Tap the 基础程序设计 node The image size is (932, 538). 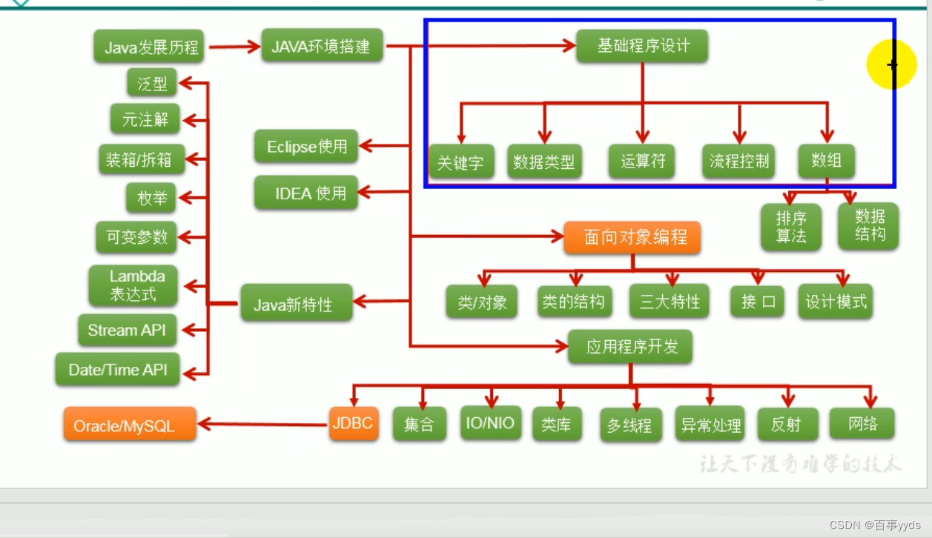tap(642, 46)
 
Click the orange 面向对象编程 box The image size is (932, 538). tap(632, 237)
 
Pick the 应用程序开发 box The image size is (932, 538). tap(631, 346)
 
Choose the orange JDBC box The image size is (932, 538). tap(353, 424)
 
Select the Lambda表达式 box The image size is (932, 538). tap(133, 285)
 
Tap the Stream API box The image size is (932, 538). tap(127, 331)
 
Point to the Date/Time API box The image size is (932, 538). tap(118, 369)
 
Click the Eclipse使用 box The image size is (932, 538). tap(305, 146)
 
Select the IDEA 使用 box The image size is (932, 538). tap(305, 193)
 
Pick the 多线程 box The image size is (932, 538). tap(629, 425)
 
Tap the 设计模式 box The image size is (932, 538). tap(836, 302)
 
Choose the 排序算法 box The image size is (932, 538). tap(791, 228)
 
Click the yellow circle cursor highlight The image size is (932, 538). tap(891, 64)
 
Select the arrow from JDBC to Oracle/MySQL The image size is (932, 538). tap(263, 425)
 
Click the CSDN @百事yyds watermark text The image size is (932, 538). tap(874, 525)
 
